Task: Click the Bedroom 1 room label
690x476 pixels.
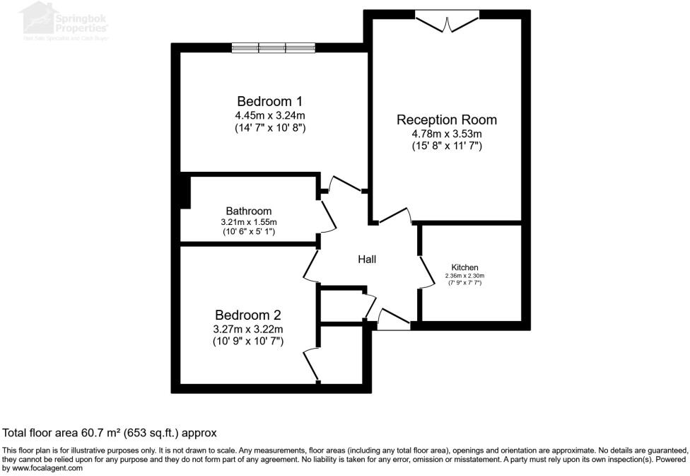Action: point(269,100)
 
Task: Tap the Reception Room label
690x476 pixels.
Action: point(446,120)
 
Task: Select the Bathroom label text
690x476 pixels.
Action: point(248,211)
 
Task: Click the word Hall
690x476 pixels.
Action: point(366,260)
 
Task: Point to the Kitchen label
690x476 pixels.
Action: point(464,267)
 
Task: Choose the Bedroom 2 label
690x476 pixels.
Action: point(247,315)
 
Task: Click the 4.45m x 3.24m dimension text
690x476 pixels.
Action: point(269,115)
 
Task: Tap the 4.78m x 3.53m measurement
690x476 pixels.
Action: point(446,134)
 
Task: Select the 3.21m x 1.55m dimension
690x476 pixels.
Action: point(248,221)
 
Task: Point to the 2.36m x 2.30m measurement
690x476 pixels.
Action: point(464,276)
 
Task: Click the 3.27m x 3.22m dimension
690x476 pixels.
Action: point(247,329)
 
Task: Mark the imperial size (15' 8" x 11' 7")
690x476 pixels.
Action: point(446,146)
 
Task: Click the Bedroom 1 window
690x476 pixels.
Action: point(273,48)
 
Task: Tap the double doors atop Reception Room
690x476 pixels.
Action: point(446,21)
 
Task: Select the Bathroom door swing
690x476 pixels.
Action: point(328,216)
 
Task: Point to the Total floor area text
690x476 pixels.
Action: point(110,432)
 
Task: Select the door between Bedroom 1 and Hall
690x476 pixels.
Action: point(344,184)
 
